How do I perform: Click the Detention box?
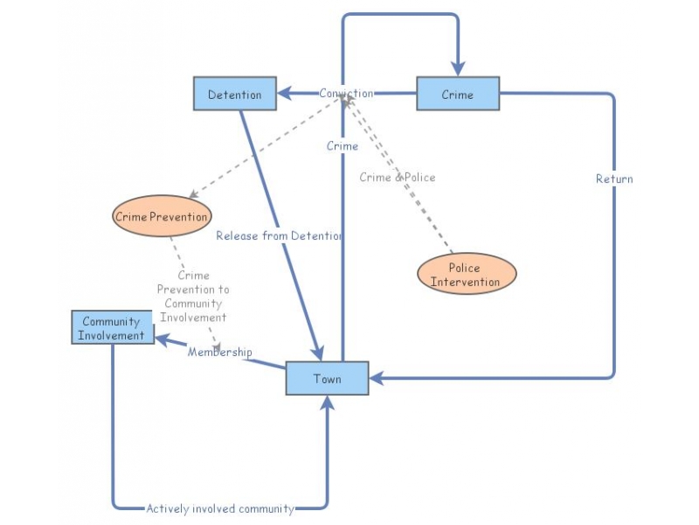click(x=234, y=94)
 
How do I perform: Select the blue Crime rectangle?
click(x=457, y=94)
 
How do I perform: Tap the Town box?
click(x=327, y=379)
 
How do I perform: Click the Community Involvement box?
click(x=112, y=328)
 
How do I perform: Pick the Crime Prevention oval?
click(x=163, y=216)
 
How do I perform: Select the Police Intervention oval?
click(x=466, y=275)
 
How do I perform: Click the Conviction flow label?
click(x=346, y=94)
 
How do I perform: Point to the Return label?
click(x=614, y=178)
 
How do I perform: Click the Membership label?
click(x=219, y=353)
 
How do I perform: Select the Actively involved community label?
click(x=220, y=507)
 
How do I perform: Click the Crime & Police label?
click(x=397, y=177)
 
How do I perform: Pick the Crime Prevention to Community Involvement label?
click(x=192, y=297)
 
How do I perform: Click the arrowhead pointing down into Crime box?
click(x=457, y=69)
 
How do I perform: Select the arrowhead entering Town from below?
click(x=328, y=402)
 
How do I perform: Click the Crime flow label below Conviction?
click(x=343, y=146)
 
